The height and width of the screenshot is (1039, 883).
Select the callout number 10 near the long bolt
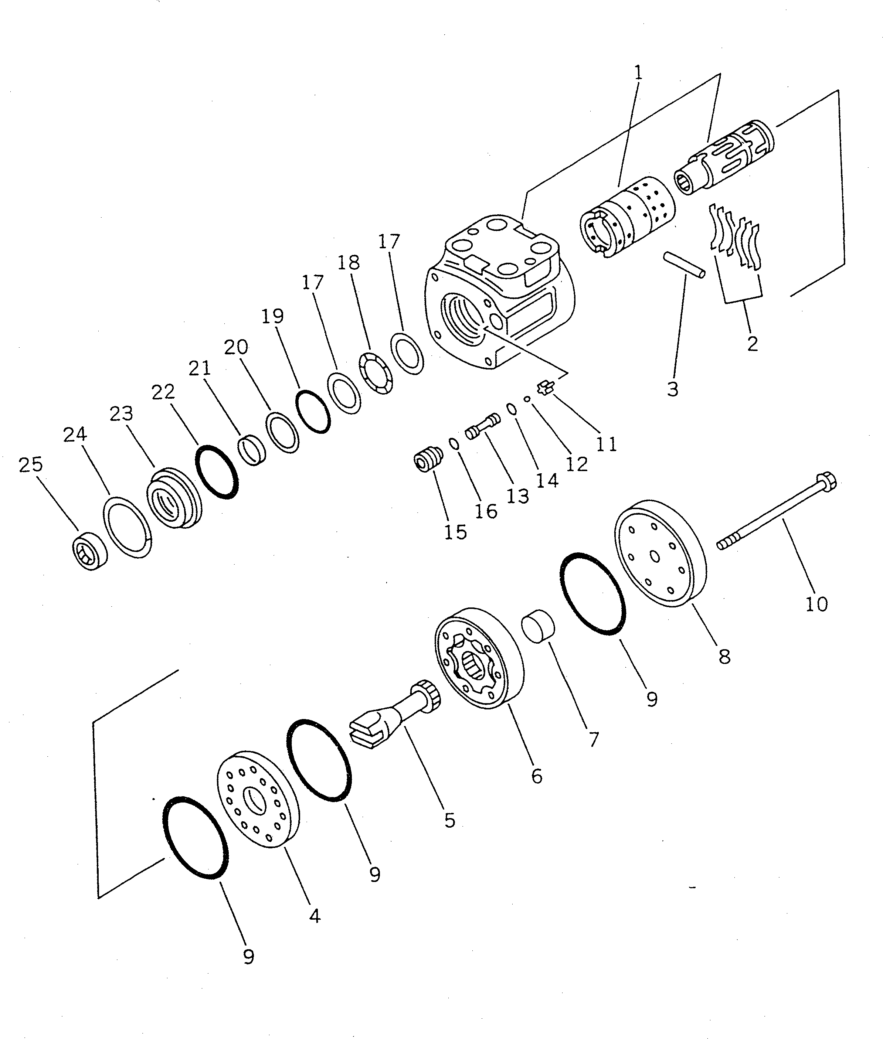(x=816, y=604)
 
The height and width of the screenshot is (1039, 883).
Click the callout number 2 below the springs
(x=753, y=344)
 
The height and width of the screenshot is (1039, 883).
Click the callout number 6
(x=536, y=776)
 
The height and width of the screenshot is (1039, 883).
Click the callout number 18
(x=349, y=262)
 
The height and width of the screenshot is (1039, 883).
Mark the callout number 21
(x=200, y=368)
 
